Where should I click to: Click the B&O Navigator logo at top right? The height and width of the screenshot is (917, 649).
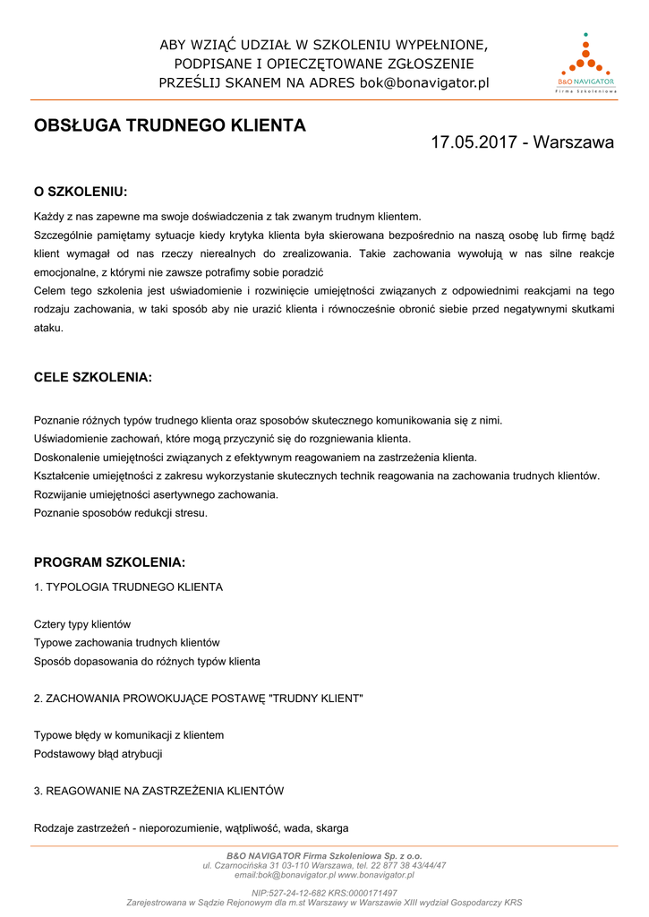click(586, 63)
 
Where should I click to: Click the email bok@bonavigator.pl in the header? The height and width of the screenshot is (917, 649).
click(424, 83)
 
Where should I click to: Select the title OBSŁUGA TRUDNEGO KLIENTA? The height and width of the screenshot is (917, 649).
click(170, 126)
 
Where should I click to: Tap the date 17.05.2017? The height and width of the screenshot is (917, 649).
click(474, 142)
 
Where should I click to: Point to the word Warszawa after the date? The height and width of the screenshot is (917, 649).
click(574, 142)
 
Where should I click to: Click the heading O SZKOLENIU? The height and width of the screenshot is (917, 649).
click(81, 192)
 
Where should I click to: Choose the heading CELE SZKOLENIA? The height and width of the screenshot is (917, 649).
click(93, 378)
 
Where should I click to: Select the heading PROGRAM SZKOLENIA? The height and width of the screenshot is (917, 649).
click(109, 563)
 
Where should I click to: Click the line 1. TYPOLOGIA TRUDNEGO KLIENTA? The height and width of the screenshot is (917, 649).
click(128, 587)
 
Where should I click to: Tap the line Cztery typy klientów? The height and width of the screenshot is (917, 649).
click(82, 624)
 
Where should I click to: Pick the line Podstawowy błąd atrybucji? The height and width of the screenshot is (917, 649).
click(98, 754)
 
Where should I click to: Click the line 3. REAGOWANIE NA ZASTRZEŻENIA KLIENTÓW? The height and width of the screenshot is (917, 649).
click(158, 791)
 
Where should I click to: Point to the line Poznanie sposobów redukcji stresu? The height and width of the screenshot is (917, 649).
click(121, 513)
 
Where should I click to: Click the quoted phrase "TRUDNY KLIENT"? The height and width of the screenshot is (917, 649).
click(316, 698)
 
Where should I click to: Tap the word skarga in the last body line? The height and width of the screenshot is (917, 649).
click(332, 828)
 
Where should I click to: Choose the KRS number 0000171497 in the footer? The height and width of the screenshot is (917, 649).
click(375, 894)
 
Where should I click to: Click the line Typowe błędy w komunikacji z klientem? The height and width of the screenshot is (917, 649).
click(129, 735)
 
